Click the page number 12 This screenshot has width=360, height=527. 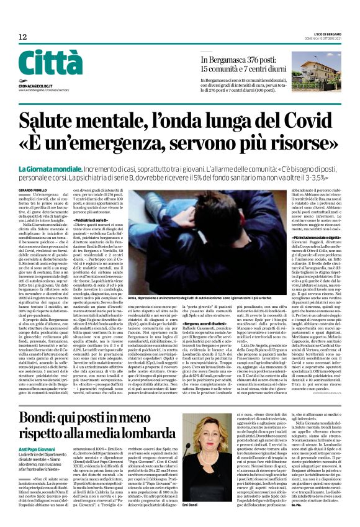pos(22,37)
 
